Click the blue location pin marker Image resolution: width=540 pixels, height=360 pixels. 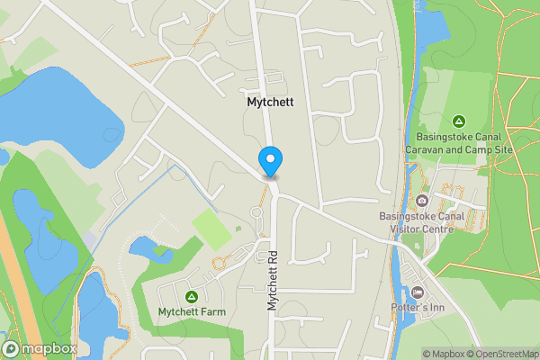(270, 161)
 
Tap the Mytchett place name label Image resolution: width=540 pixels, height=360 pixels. (269, 103)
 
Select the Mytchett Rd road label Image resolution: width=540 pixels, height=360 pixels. (273, 281)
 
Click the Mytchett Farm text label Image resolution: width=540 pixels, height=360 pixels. (191, 312)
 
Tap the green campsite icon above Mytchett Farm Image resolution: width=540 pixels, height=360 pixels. (191, 296)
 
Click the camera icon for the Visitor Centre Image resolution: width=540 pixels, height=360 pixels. (421, 200)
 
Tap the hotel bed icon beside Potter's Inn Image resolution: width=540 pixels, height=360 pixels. (418, 292)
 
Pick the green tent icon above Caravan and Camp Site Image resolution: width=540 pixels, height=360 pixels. (458, 121)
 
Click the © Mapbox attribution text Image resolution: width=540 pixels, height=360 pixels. (447, 354)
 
